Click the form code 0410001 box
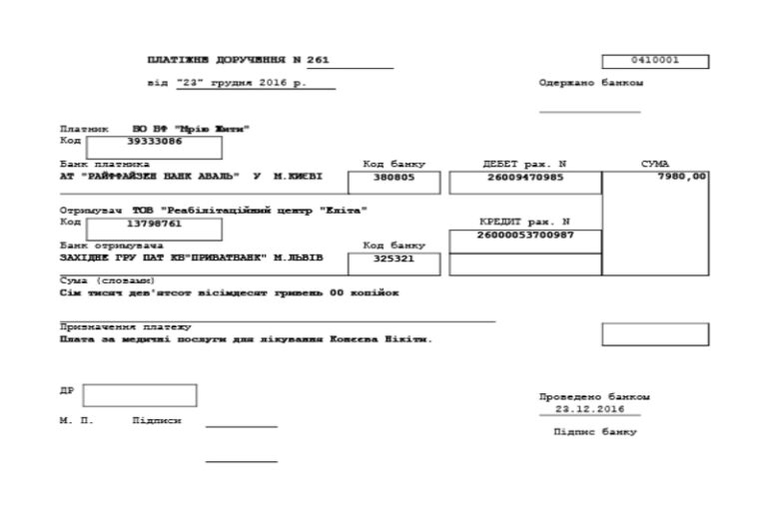[655, 62]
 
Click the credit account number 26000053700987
[525, 235]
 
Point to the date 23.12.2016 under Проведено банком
[589, 409]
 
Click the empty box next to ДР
[139, 395]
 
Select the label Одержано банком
[590, 83]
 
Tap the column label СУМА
[654, 164]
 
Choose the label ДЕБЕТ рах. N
[524, 164]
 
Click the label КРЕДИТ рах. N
[524, 222]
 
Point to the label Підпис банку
[594, 432]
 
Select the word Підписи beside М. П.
[157, 421]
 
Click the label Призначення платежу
[125, 327]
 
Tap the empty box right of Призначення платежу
[654, 334]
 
